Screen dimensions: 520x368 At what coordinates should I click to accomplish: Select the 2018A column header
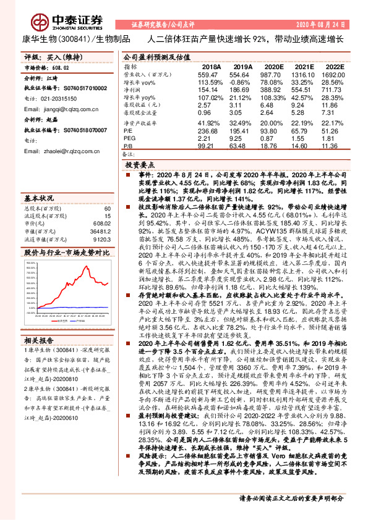click(212, 65)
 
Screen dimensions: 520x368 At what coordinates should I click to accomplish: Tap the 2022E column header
click(333, 65)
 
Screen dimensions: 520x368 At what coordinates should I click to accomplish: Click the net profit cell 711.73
click(333, 90)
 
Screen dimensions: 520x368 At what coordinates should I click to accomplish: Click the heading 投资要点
click(139, 166)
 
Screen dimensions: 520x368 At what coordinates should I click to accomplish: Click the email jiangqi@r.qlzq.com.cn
click(58, 108)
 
